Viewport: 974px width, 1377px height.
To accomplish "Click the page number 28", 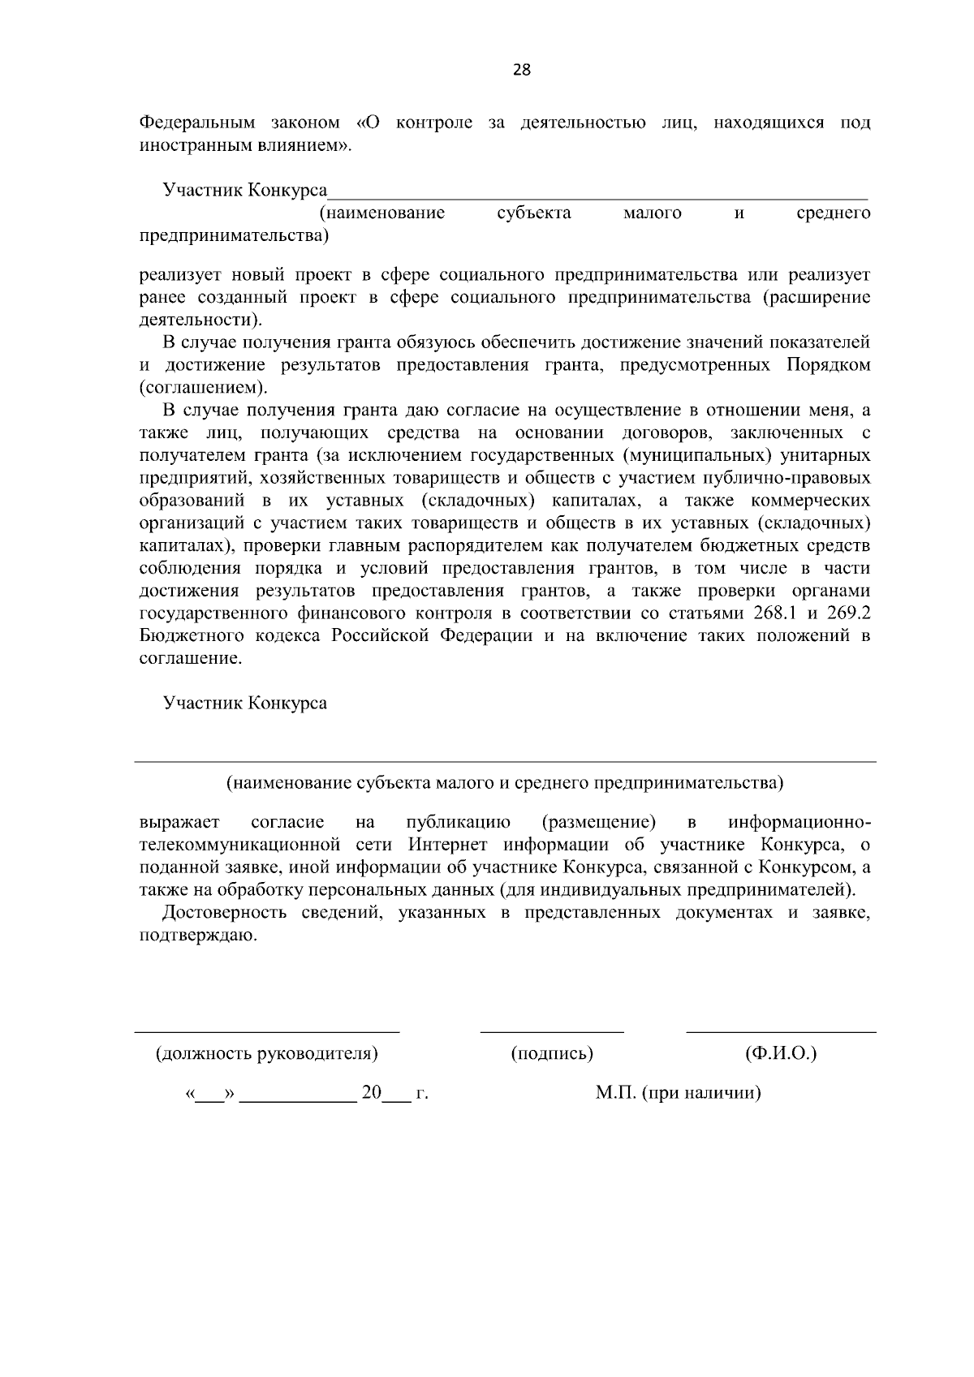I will coord(522,70).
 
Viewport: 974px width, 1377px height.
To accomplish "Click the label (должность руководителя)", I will coord(267,1054).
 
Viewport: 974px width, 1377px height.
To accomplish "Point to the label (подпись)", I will coord(552,1054).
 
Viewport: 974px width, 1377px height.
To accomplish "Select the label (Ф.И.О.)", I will coord(780,1054).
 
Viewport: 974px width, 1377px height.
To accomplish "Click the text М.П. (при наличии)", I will coord(678,1094).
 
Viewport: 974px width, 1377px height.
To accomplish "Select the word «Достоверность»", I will coord(225,913).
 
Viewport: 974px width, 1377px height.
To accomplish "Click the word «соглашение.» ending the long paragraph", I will coord(191,658).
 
